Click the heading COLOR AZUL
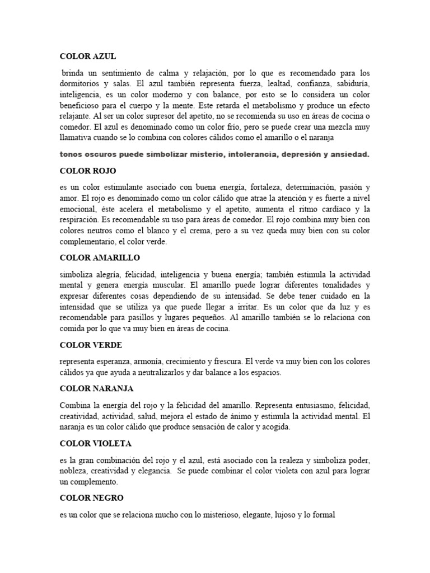tap(88, 56)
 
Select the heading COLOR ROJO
tap(87, 170)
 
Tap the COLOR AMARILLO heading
tap(100, 257)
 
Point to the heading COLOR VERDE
tap(91, 345)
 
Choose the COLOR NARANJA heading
tap(96, 388)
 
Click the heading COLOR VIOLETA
tap(95, 443)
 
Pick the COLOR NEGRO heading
tap(92, 497)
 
